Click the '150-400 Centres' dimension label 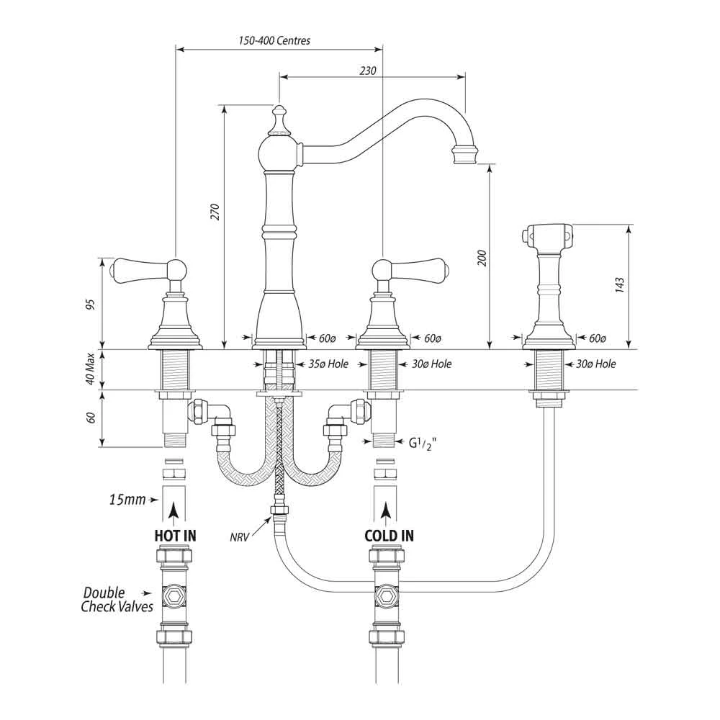tap(274, 40)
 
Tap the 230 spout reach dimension tap(368, 71)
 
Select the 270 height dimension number tap(215, 211)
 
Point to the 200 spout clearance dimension tap(482, 258)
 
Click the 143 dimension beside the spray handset tap(619, 285)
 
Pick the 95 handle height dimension tap(91, 304)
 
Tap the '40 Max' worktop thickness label tap(90, 369)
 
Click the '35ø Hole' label tap(328, 364)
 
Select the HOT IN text tap(175, 536)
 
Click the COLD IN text tap(389, 536)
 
